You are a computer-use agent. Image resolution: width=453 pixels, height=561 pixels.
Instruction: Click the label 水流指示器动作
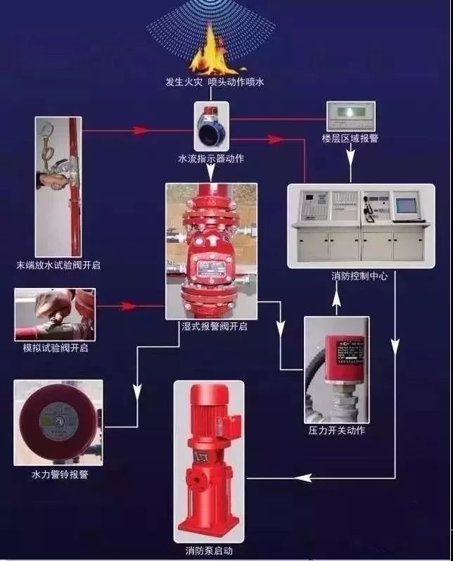click(211, 159)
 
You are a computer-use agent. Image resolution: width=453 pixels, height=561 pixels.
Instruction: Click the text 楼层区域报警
click(350, 139)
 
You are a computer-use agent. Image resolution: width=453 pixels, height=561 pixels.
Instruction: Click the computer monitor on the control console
click(409, 205)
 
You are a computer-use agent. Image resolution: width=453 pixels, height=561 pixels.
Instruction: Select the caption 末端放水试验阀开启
click(58, 266)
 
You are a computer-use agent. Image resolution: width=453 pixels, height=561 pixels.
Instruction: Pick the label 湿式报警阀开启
click(210, 327)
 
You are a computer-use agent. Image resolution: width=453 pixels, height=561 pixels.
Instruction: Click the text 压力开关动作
click(337, 431)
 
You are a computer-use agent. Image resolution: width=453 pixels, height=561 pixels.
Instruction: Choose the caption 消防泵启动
click(209, 550)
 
